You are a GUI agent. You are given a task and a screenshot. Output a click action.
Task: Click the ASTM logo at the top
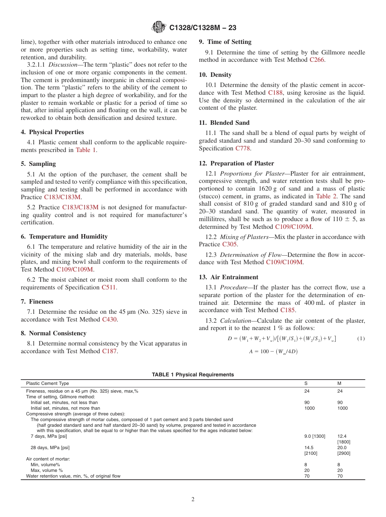click(158, 27)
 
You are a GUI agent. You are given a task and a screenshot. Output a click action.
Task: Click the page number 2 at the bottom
click(193, 500)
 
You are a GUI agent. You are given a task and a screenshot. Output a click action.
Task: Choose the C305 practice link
click(230, 244)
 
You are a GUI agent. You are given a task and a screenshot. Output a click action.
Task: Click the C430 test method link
click(109, 319)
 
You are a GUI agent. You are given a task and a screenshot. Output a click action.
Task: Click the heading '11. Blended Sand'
click(224, 123)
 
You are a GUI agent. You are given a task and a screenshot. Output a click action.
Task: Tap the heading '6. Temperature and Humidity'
click(64, 237)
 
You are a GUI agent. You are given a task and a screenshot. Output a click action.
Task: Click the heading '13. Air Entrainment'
click(228, 277)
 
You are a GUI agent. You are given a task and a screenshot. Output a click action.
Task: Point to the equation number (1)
click(360, 339)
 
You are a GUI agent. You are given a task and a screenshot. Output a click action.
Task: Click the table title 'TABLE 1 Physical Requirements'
click(193, 374)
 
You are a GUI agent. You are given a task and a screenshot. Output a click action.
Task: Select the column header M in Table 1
click(339, 383)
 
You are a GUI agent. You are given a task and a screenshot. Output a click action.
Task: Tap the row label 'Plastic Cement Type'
click(48, 383)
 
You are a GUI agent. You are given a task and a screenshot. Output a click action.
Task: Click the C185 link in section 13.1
click(288, 310)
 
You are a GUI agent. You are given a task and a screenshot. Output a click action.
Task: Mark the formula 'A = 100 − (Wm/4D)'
click(273, 352)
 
